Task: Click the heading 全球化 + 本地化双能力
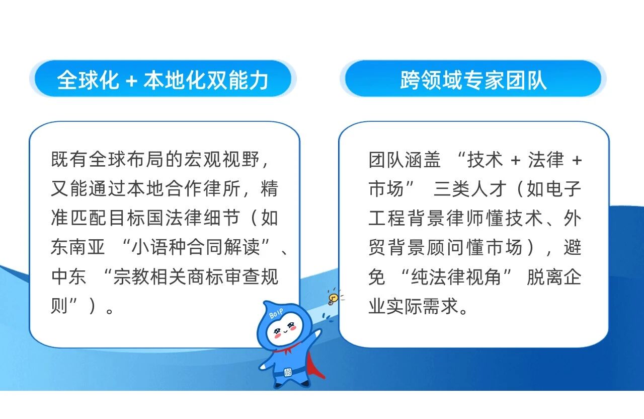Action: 163,80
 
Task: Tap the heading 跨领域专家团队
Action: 473,80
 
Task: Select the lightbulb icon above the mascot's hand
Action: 333,298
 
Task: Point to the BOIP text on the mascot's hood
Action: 276,313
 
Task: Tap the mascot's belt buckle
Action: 287,372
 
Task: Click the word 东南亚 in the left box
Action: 77,247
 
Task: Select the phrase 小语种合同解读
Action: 196,247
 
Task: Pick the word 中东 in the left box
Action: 68,276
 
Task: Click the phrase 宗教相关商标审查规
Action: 196,276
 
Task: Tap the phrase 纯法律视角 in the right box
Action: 456,277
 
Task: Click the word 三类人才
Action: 470,189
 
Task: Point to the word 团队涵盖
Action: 405,160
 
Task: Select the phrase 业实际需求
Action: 414,306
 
